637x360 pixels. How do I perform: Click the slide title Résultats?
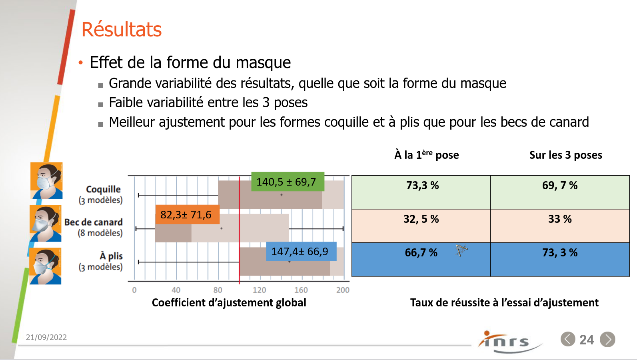pos(122,30)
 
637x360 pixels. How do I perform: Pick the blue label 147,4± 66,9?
pos(300,252)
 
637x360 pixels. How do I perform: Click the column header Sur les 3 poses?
pos(565,155)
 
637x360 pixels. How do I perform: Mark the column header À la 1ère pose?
pos(426,155)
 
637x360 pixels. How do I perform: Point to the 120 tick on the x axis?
pos(259,290)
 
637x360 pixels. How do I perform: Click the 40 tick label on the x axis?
pos(176,290)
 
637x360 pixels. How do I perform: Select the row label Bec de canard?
pos(94,222)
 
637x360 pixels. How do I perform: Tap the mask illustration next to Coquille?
pos(47,181)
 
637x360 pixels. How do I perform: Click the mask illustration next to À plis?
pos(46,266)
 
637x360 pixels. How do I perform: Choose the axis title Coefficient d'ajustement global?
pos(229,303)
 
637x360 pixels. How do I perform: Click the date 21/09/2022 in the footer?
pos(46,337)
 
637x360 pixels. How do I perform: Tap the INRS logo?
pos(508,342)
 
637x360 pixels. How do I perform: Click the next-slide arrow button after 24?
pos(607,340)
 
